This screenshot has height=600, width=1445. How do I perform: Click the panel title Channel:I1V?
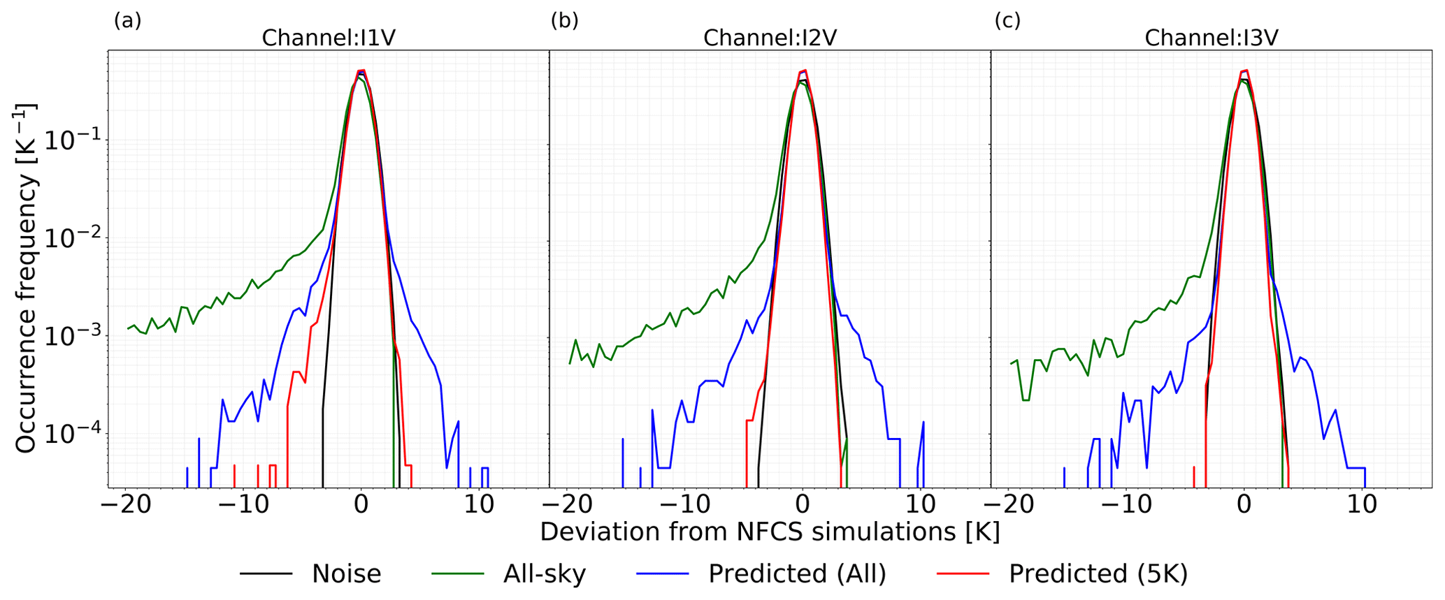click(x=329, y=37)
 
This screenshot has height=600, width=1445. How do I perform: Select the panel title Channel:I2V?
click(x=770, y=37)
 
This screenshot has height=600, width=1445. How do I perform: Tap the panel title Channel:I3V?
click(x=1211, y=37)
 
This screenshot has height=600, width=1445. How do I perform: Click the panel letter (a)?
click(x=127, y=20)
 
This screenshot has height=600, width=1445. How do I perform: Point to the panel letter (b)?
click(x=564, y=20)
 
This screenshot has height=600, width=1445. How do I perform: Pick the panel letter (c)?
click(x=1007, y=20)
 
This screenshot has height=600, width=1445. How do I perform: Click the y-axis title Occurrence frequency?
click(x=26, y=278)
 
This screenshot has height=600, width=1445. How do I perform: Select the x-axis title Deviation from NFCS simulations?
click(x=770, y=532)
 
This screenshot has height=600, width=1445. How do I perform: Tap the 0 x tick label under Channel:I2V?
click(x=803, y=504)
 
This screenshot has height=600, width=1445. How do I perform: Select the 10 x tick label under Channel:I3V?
click(x=1362, y=504)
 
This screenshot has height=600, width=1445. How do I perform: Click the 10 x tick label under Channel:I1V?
click(x=479, y=504)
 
